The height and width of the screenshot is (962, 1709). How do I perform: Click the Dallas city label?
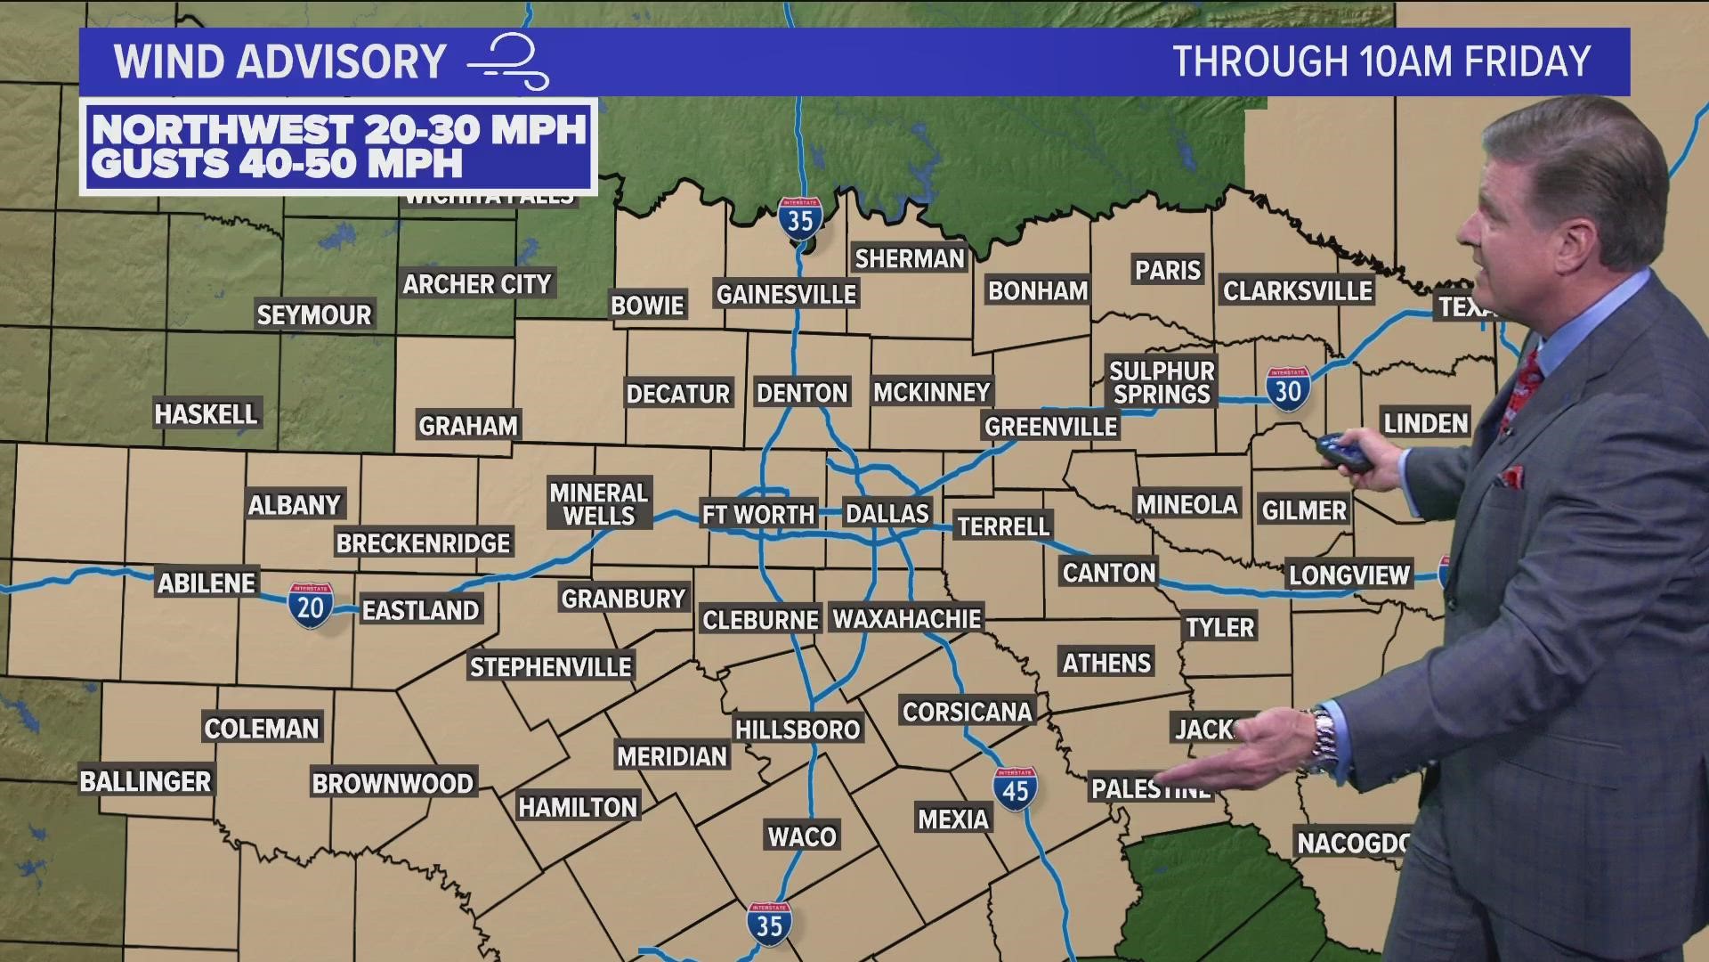887,514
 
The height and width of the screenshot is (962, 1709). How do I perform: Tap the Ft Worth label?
758,515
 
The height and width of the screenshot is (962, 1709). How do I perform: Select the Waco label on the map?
802,836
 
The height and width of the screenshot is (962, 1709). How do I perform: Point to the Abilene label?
207,583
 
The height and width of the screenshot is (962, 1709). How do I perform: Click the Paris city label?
1168,270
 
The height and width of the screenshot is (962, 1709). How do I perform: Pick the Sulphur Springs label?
1162,382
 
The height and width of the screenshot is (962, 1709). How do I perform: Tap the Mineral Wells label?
598,504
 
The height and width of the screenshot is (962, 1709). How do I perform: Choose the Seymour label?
313,315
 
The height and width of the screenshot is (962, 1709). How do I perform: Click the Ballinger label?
145,782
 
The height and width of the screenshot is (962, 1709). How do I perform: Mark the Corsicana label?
968,712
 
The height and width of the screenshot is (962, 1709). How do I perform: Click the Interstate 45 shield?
1016,789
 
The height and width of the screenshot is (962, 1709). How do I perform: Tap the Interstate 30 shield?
1288,389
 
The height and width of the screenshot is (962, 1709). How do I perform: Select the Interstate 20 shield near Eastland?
310,607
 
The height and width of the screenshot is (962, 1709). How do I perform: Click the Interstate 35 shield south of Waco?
768,924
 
